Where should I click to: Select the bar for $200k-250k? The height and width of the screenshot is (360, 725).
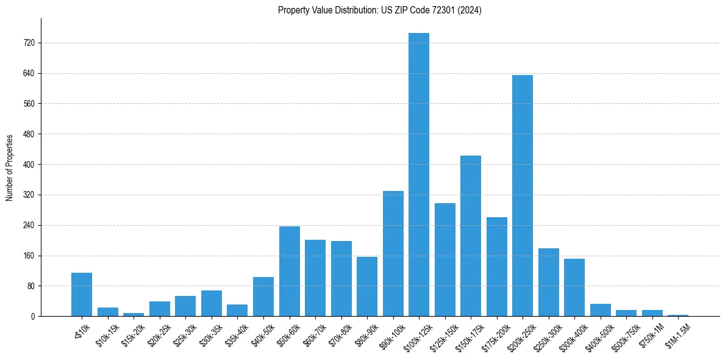tap(523, 195)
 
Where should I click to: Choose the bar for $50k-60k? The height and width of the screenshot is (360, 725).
tap(289, 271)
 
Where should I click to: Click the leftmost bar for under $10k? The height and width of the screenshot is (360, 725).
tap(82, 294)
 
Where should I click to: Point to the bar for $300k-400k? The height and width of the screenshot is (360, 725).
tap(574, 287)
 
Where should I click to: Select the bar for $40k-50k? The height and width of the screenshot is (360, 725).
tap(263, 297)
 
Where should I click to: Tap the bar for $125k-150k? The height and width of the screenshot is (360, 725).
tap(445, 259)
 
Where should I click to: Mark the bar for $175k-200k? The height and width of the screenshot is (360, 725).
tap(496, 267)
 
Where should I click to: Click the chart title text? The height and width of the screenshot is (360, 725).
tap(379, 10)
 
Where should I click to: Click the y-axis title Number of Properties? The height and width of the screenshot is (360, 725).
tap(10, 168)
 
